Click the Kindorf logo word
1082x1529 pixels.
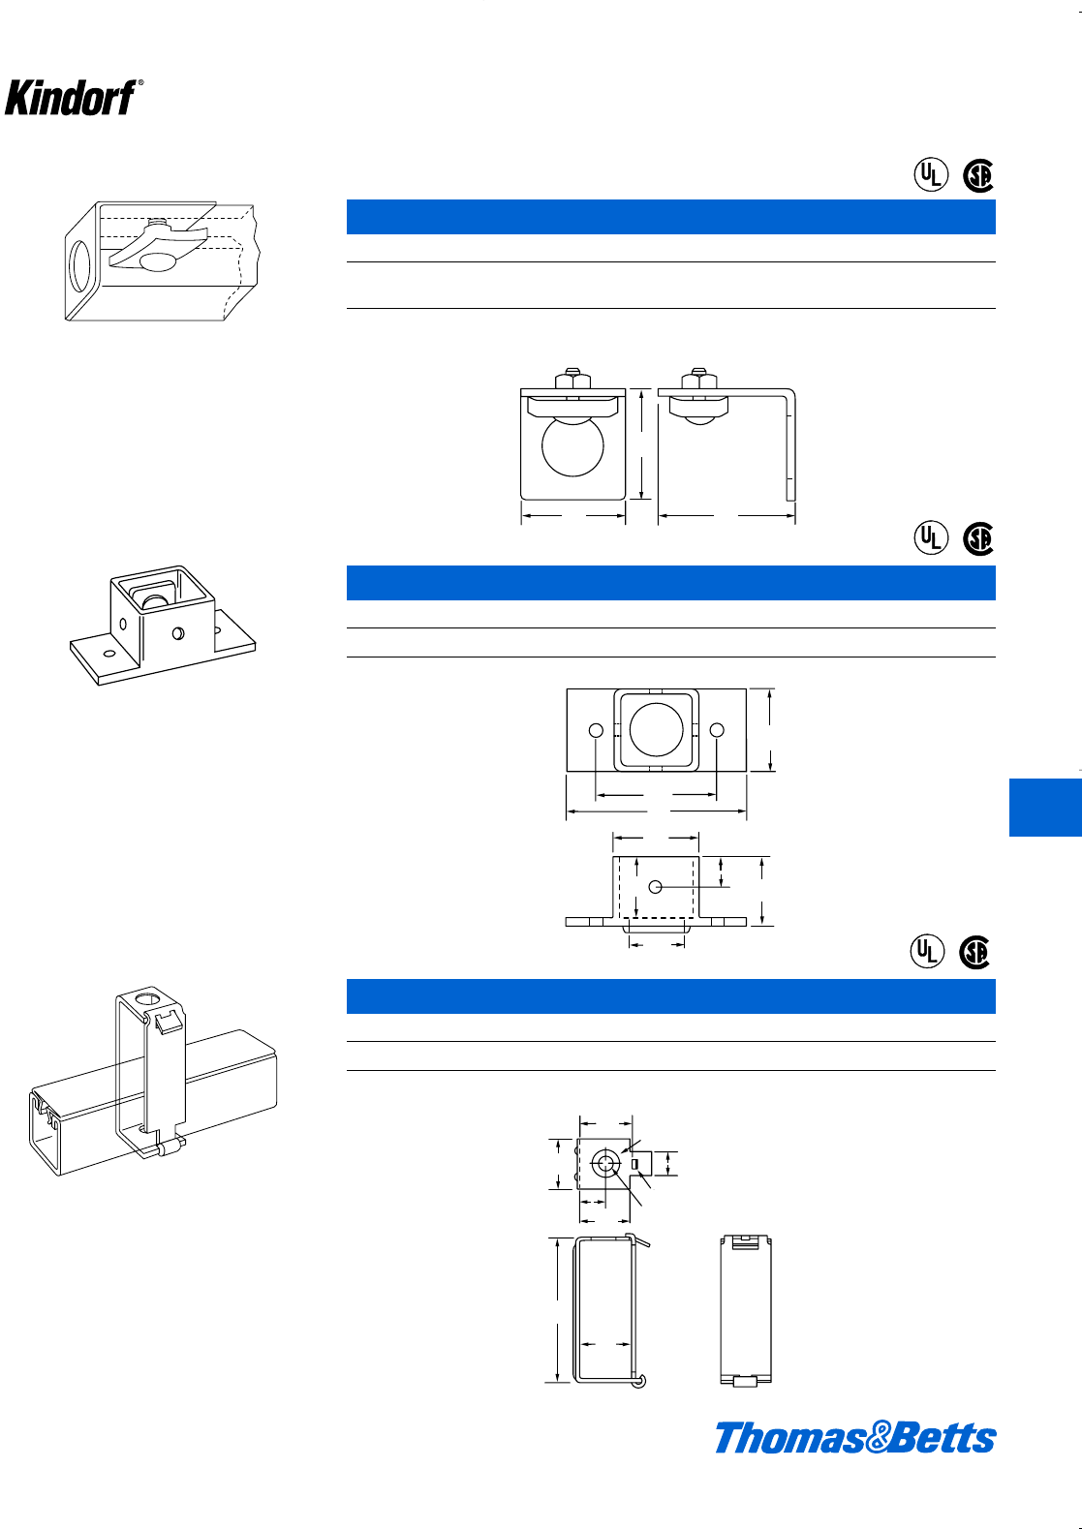(x=69, y=98)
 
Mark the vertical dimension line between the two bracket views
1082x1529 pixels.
(x=641, y=444)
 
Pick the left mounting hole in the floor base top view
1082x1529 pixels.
(x=597, y=730)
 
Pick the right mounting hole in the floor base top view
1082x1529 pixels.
(x=716, y=730)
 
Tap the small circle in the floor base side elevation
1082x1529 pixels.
(x=656, y=886)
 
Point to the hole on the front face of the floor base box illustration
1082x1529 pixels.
(x=177, y=633)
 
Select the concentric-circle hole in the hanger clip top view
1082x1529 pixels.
(x=606, y=1164)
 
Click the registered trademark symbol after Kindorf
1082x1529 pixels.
(x=141, y=84)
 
